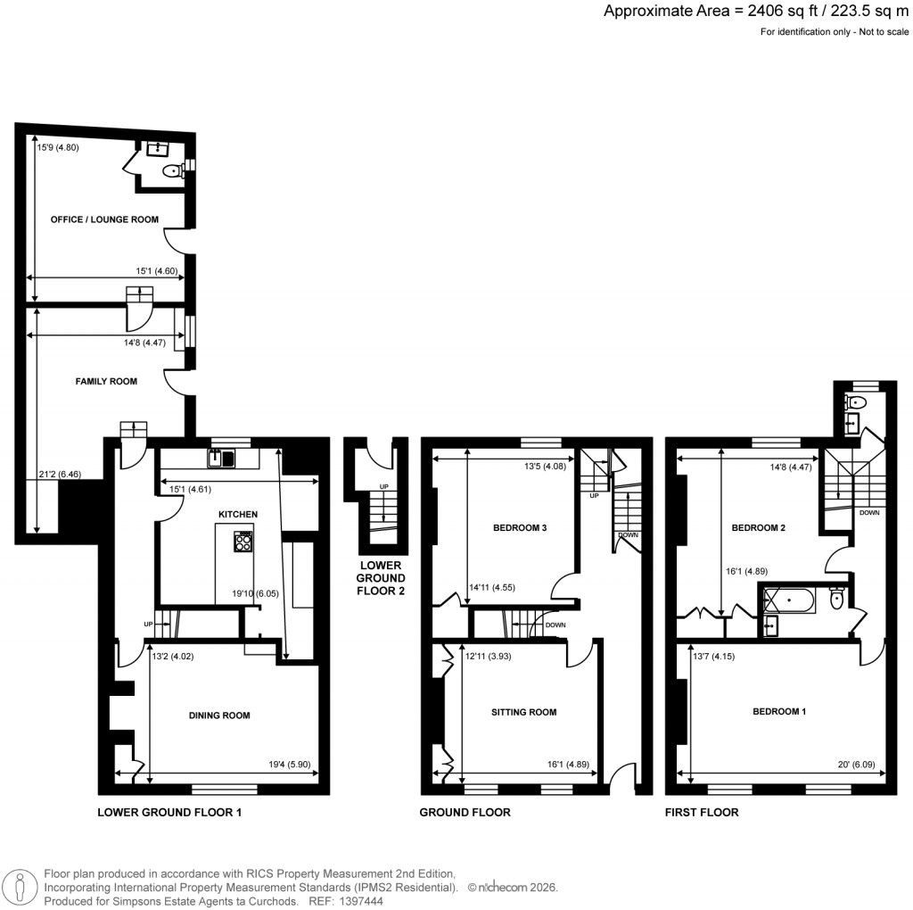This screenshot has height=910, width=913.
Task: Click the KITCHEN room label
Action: [238, 515]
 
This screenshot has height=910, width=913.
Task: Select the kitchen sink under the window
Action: [220, 459]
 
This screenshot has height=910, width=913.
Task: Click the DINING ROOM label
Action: [218, 716]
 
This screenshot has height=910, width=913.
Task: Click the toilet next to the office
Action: [170, 171]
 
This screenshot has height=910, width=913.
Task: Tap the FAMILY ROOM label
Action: [105, 382]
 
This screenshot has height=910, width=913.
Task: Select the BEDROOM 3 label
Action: [520, 528]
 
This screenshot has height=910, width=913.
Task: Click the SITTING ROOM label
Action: [524, 712]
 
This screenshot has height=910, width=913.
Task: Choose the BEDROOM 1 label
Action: [779, 712]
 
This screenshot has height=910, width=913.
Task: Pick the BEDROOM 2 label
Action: [758, 528]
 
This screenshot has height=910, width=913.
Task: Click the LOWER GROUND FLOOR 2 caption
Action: [381, 577]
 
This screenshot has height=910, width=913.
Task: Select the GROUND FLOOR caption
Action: [465, 813]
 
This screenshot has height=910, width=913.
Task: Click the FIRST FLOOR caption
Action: [702, 813]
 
